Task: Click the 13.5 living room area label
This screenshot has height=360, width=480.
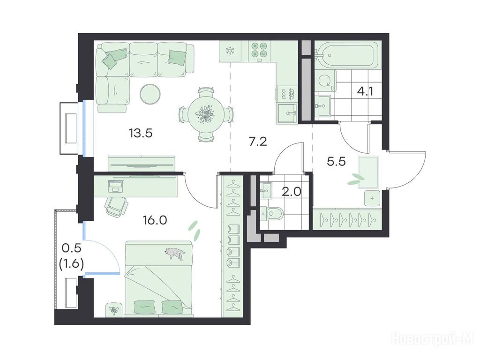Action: [x=141, y=134]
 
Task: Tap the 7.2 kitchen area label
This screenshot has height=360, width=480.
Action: [x=258, y=142]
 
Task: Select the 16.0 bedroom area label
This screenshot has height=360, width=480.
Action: [x=155, y=220]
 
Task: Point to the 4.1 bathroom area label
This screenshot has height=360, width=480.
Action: [x=365, y=91]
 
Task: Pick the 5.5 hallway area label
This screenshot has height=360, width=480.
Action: [x=336, y=161]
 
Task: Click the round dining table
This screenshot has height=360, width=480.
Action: [x=205, y=114]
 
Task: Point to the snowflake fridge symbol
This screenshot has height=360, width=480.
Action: [x=230, y=51]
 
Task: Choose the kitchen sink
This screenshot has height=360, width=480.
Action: [x=287, y=113]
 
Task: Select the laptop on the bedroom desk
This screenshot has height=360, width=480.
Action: [x=115, y=186]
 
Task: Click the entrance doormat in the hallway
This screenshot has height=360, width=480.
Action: [x=368, y=172]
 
